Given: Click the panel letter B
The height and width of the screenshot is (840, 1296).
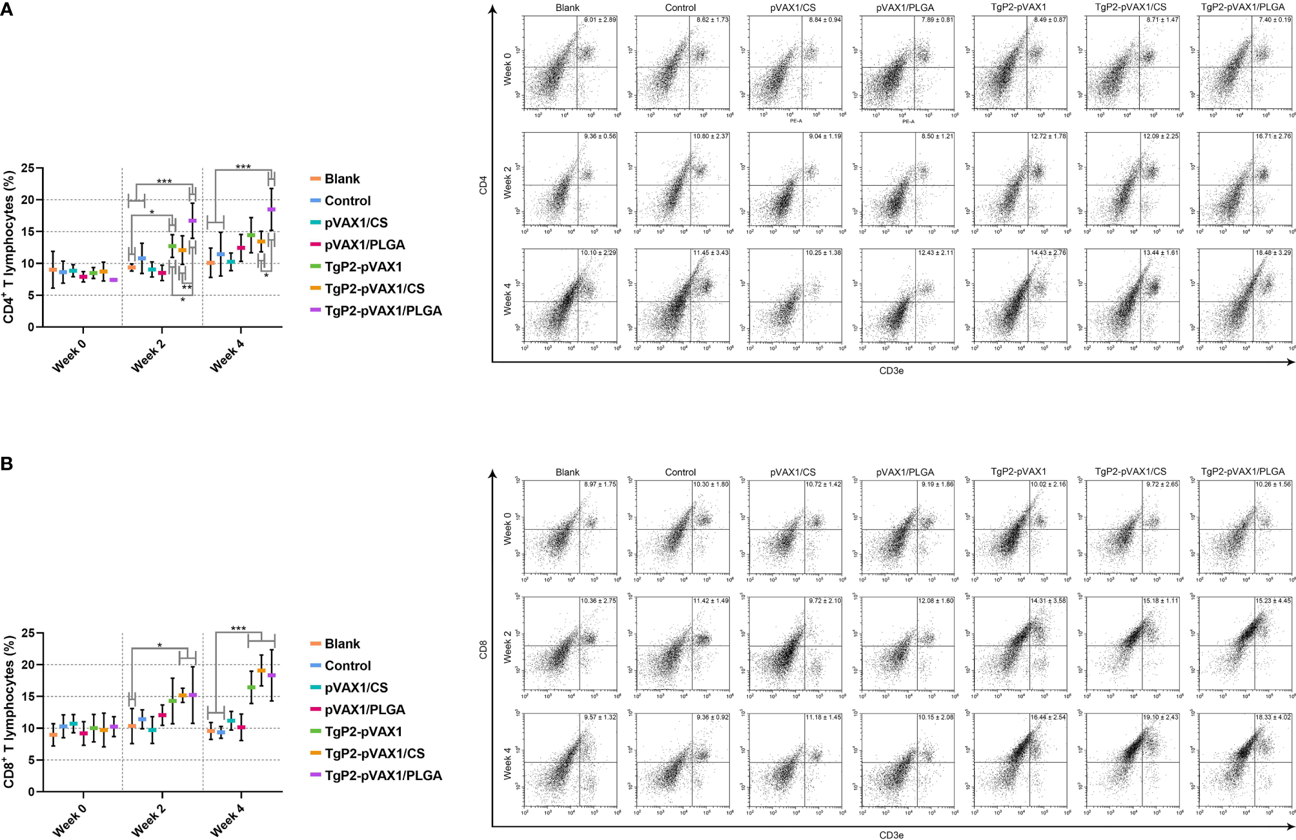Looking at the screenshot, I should [x=6, y=463].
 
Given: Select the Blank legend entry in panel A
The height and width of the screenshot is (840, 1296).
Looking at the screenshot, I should [x=342, y=179].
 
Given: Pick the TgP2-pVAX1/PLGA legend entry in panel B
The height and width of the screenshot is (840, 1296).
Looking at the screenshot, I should [x=383, y=775].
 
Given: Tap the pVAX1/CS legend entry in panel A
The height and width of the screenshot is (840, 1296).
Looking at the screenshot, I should [x=356, y=223].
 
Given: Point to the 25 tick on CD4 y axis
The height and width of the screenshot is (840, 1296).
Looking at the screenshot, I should [x=28, y=168].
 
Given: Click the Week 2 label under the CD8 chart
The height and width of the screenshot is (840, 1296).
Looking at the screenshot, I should [x=148, y=820].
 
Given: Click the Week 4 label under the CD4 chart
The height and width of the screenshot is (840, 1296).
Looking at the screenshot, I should [x=227, y=355].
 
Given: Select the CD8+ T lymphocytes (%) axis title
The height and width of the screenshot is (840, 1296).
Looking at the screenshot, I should [x=9, y=711].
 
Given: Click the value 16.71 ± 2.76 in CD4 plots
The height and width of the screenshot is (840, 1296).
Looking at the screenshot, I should [x=1273, y=137].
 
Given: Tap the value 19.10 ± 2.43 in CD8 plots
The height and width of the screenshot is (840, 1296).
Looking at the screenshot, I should [x=1160, y=717].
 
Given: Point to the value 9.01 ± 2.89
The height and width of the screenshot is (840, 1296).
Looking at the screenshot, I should [x=600, y=20].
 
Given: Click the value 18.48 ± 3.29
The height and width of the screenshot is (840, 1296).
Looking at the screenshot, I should [x=1273, y=253].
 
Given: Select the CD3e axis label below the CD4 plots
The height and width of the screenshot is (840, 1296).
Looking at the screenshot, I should [x=891, y=371].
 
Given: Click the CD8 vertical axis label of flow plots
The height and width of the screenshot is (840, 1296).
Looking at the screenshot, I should [x=483, y=650].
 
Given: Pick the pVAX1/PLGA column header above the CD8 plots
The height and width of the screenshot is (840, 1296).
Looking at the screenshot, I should [x=905, y=472].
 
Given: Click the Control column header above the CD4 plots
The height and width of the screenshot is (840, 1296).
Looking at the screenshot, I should [x=680, y=8].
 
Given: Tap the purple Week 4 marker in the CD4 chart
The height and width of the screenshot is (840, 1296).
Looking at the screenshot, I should [x=271, y=210].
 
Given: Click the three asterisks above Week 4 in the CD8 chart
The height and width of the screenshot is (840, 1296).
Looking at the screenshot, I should [x=238, y=628].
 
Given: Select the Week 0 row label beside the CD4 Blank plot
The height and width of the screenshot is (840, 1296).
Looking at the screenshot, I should [x=507, y=69].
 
